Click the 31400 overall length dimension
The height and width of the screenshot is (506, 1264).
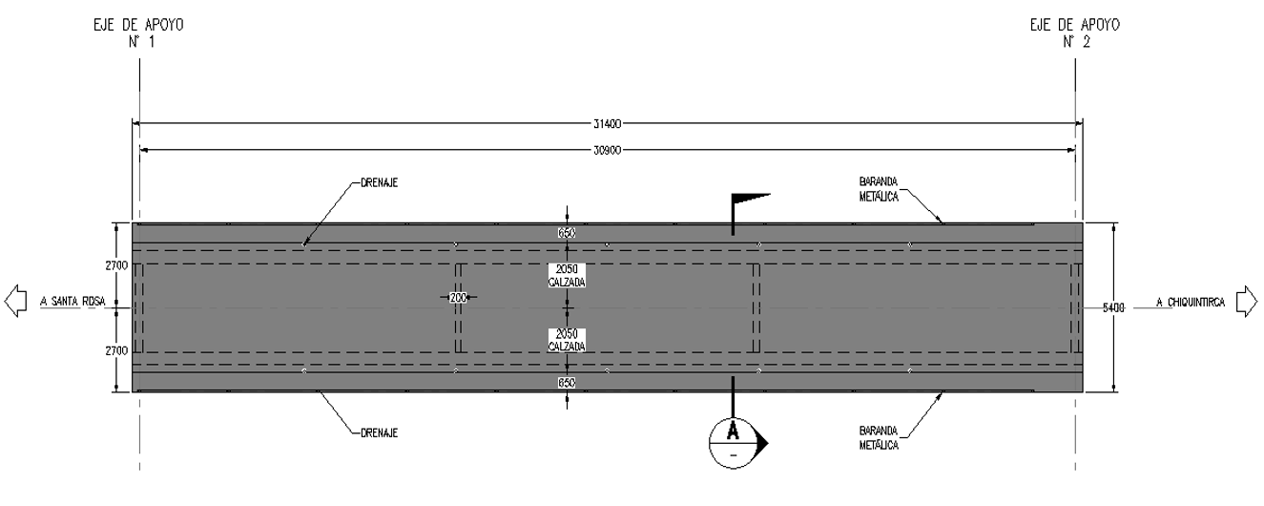[x=607, y=124]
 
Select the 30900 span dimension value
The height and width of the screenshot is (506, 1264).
[x=607, y=151]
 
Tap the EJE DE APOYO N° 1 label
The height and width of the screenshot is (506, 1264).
[x=139, y=33]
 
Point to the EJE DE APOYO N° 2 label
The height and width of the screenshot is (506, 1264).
[x=1075, y=33]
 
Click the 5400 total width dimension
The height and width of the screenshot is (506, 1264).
[x=1113, y=307]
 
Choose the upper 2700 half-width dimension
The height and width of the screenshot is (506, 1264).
[x=116, y=265]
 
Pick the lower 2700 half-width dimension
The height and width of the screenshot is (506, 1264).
[x=116, y=350]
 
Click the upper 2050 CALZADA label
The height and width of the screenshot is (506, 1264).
[x=567, y=276]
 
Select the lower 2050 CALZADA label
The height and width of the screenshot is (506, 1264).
[x=567, y=340]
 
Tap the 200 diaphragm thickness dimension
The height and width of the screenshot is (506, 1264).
[x=458, y=297]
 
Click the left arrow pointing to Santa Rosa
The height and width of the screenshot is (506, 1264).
[x=15, y=301]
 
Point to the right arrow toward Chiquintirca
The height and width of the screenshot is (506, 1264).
[x=1247, y=301]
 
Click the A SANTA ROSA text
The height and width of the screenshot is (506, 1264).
[x=73, y=302]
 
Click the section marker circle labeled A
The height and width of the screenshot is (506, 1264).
[x=733, y=444]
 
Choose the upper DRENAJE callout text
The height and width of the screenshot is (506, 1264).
[x=380, y=183]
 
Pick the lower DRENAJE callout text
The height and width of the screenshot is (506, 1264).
[x=380, y=433]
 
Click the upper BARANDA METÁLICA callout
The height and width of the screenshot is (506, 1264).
[x=879, y=189]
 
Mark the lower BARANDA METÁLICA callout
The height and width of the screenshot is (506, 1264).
[x=879, y=438]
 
